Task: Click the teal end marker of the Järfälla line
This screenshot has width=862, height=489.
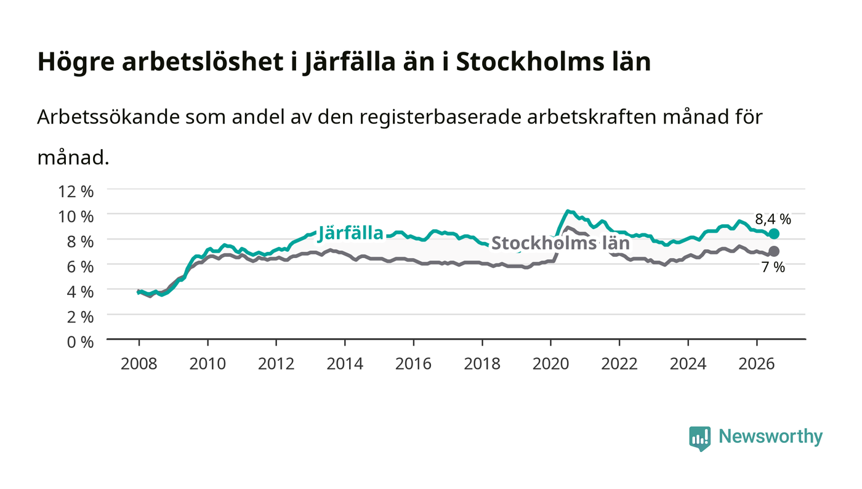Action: point(773,233)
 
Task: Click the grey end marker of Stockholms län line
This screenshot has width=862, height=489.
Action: point(773,251)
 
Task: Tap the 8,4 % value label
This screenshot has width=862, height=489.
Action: point(773,219)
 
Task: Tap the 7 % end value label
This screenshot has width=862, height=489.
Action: point(773,267)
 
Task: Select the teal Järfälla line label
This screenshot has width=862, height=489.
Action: point(350,233)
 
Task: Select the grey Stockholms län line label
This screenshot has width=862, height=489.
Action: point(561,243)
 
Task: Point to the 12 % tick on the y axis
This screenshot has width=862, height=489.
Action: point(76,192)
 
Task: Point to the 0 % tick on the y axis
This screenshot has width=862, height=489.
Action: point(80,342)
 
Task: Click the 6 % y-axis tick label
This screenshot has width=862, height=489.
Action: point(80,267)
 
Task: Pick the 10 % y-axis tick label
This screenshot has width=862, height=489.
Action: point(76,217)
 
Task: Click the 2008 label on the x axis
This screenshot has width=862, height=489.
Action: point(139,364)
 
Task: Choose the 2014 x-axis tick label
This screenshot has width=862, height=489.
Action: point(345,364)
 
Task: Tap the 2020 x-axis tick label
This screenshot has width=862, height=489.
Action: point(550,364)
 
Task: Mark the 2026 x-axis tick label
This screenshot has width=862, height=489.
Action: point(757,364)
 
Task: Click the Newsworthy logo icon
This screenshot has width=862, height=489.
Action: point(700,438)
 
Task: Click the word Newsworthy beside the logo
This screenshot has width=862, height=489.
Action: point(770,437)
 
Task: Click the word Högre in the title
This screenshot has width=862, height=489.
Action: point(76,62)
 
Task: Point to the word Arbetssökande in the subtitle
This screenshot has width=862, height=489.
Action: point(108,117)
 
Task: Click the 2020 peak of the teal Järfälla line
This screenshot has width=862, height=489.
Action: point(567,211)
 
